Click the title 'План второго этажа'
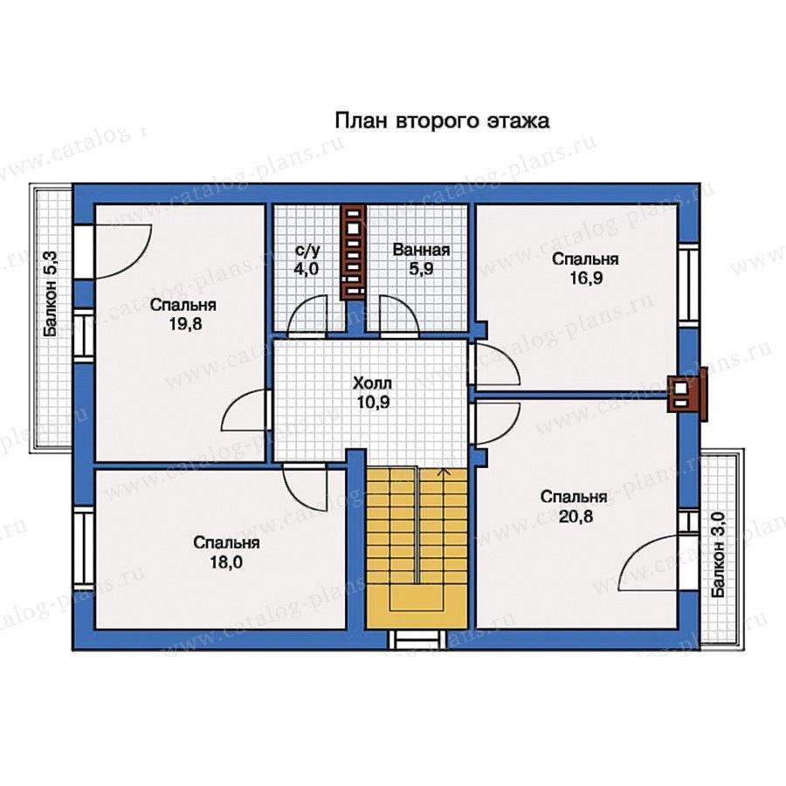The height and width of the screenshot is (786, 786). pyautogui.click(x=442, y=121)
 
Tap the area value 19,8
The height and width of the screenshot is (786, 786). pyautogui.click(x=185, y=324)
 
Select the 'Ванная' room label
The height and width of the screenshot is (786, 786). pyautogui.click(x=421, y=250)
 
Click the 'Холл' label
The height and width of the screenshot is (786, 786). pyautogui.click(x=372, y=383)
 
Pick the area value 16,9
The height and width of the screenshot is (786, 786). pyautogui.click(x=585, y=278)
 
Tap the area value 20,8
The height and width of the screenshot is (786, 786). pyautogui.click(x=576, y=516)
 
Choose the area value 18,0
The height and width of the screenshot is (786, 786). pyautogui.click(x=226, y=562)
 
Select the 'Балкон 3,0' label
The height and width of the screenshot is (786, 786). pyautogui.click(x=719, y=555)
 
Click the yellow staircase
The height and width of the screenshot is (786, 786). pyautogui.click(x=417, y=548)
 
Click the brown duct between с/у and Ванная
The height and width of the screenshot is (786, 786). pyautogui.click(x=354, y=252)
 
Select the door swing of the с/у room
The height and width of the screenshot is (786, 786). pyautogui.click(x=307, y=314)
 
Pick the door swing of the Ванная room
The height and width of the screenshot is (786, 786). pyautogui.click(x=399, y=314)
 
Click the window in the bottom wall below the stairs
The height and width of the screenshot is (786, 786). pyautogui.click(x=417, y=639)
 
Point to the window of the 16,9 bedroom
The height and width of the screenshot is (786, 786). pyautogui.click(x=689, y=285)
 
